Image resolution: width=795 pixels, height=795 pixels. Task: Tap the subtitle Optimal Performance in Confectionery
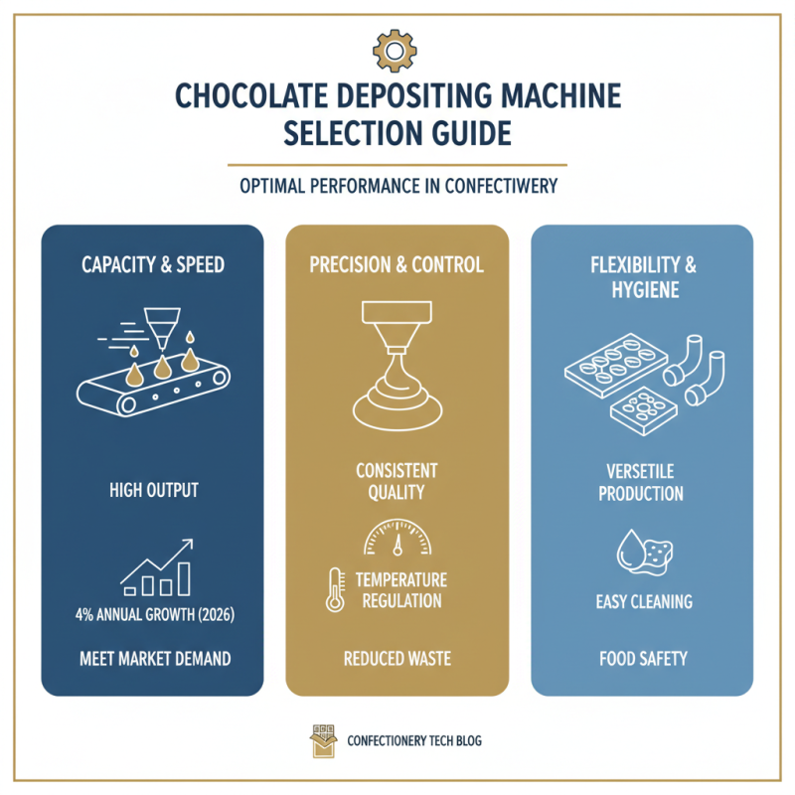click(x=397, y=186)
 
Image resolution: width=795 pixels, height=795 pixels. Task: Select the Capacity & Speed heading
click(x=152, y=265)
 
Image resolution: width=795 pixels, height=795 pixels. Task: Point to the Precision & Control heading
click(x=397, y=265)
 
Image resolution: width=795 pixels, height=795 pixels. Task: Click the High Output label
click(x=152, y=490)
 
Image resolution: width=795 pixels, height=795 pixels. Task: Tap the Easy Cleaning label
click(x=641, y=601)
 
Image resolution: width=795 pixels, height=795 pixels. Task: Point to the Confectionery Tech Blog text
click(x=416, y=741)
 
